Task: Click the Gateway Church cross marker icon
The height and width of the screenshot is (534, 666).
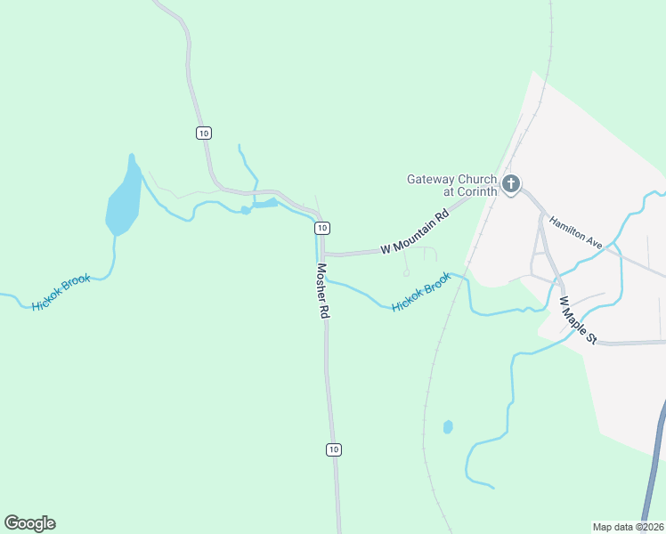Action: click(x=511, y=184)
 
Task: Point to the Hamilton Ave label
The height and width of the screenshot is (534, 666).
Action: click(x=575, y=232)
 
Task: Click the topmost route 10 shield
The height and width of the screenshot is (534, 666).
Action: click(x=204, y=133)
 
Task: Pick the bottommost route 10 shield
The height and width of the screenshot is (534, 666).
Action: click(x=333, y=449)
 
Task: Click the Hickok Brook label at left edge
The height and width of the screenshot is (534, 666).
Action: click(x=61, y=293)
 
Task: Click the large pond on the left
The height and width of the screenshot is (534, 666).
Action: click(x=124, y=200)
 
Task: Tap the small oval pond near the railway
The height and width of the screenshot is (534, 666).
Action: click(x=448, y=427)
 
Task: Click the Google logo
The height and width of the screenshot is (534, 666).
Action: click(x=29, y=523)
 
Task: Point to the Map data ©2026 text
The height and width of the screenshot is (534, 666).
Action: click(x=628, y=526)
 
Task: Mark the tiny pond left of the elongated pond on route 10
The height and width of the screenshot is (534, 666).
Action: click(x=245, y=211)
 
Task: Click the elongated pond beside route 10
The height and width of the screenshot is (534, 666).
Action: click(x=265, y=204)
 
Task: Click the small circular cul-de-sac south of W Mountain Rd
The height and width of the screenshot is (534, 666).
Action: click(x=406, y=273)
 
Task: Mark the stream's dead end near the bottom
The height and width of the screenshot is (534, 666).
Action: click(x=491, y=487)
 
